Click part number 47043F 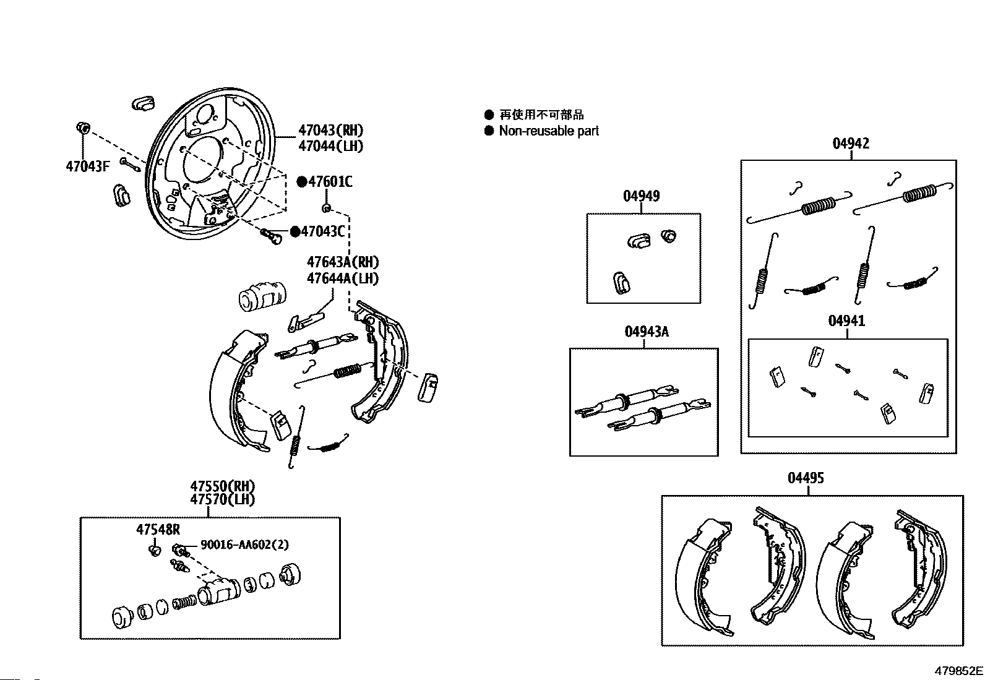tap(87, 166)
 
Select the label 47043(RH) tap(330, 131)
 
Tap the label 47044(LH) tap(330, 146)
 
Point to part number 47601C tap(330, 181)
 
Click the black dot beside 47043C tap(295, 231)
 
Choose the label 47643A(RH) tap(343, 262)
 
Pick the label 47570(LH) tap(222, 500)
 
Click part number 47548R tap(158, 529)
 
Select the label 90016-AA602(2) tap(244, 545)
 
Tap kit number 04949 tap(641, 196)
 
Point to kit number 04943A tap(647, 332)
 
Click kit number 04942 tap(851, 144)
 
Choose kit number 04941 tap(846, 321)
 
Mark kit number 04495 tap(806, 478)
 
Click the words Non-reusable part tap(549, 131)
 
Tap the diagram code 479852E tap(958, 671)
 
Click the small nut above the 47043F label tap(82, 128)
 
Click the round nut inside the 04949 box tap(668, 236)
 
